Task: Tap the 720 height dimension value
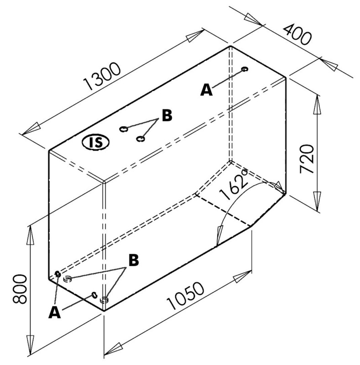[x=307, y=158]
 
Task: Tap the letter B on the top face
[x=167, y=115]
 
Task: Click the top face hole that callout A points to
[x=245, y=69]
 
